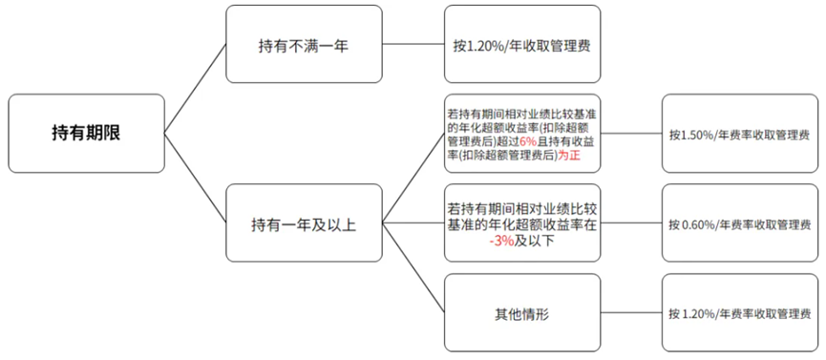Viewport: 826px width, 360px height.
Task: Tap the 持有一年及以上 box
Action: [x=304, y=223]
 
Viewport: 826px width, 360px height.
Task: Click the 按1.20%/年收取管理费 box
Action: [x=522, y=44]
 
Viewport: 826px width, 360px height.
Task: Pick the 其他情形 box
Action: [x=522, y=312]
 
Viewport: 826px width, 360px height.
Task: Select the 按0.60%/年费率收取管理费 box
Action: [x=740, y=223]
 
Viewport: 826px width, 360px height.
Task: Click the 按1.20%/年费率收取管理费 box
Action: [x=740, y=312]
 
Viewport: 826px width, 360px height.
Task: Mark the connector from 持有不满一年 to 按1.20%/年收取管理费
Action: [x=413, y=44]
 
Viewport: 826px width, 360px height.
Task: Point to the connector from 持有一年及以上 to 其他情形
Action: [x=413, y=268]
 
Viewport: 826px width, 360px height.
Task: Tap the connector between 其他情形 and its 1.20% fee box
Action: [x=631, y=312]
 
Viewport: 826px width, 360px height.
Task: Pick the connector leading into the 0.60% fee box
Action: [x=631, y=223]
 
